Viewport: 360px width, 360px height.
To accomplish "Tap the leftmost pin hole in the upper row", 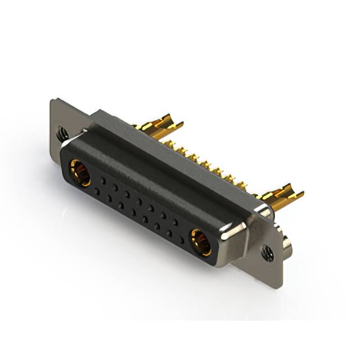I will click(x=102, y=179).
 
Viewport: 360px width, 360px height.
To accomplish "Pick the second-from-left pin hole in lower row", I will click(x=109, y=199).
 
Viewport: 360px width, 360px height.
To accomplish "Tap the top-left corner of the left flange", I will click(x=53, y=101).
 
